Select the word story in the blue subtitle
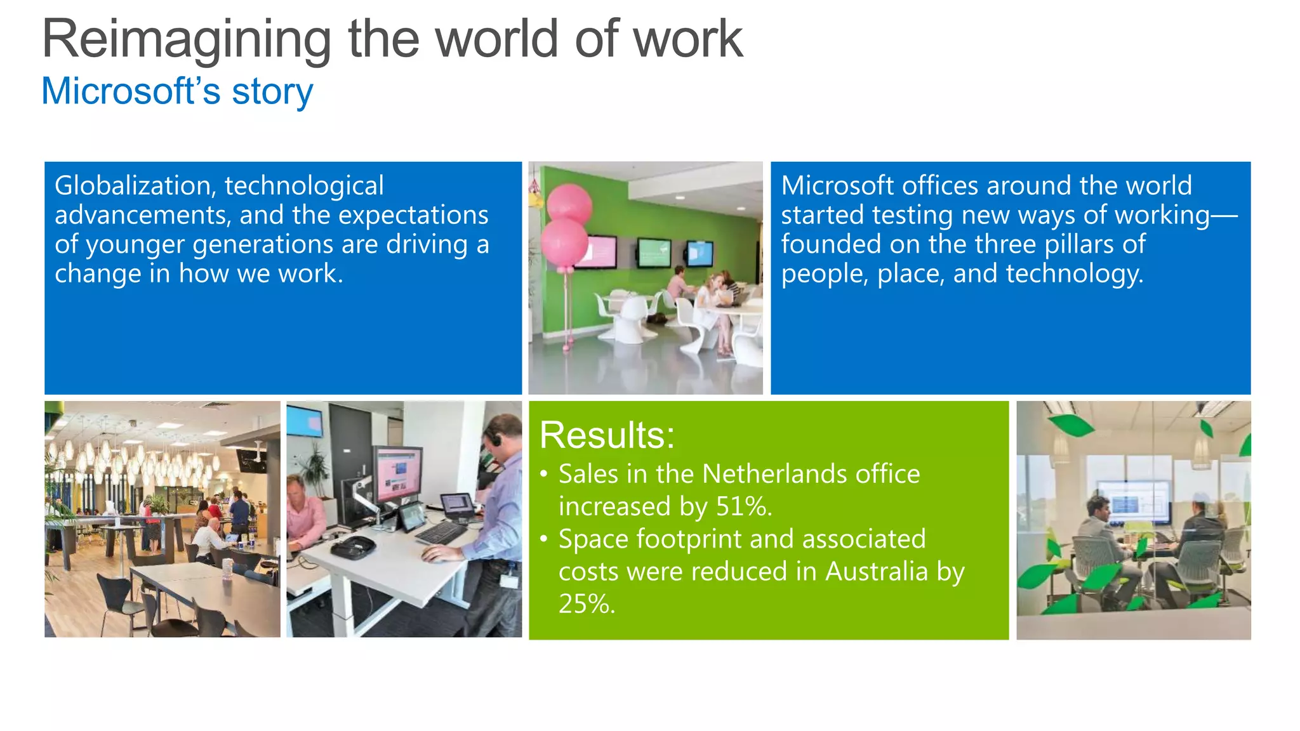pos(272,92)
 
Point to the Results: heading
pos(607,435)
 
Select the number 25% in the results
pos(586,603)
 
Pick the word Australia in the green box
pos(876,571)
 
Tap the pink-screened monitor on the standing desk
pos(398,475)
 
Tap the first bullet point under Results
pos(544,474)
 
